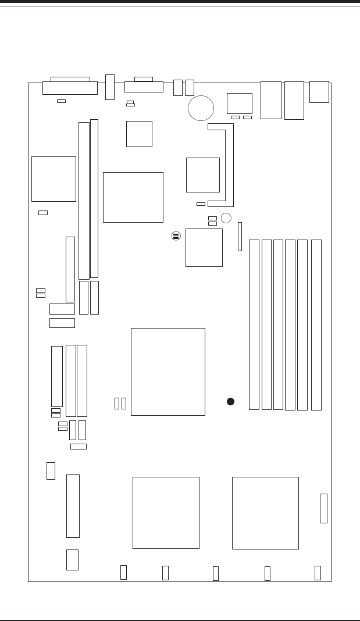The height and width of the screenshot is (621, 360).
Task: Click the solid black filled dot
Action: [230, 401]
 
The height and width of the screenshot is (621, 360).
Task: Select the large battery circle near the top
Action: [201, 108]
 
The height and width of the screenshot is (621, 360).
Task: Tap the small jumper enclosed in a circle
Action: [176, 236]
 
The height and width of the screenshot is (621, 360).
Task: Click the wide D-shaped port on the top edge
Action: [70, 88]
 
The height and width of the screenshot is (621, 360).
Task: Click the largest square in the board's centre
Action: [167, 372]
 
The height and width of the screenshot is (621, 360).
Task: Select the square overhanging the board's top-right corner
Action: [319, 92]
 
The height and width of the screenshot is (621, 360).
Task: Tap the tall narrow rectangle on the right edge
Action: [323, 508]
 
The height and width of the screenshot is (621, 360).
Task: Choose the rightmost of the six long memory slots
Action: [316, 324]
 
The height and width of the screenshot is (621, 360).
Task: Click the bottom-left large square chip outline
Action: [166, 512]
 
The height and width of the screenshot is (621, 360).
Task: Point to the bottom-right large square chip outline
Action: [265, 513]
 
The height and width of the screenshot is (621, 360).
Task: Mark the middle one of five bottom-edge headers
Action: [216, 573]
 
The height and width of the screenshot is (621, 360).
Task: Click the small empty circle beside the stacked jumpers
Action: [226, 218]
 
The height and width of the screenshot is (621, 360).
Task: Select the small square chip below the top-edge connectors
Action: [139, 134]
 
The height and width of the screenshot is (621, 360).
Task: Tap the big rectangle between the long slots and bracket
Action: [133, 197]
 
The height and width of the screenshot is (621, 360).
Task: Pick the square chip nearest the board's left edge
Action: [54, 179]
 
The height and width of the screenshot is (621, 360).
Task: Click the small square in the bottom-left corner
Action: [72, 559]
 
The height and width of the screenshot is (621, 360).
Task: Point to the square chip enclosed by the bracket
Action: [203, 174]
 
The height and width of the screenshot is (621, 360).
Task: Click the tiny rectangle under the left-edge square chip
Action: [42, 213]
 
